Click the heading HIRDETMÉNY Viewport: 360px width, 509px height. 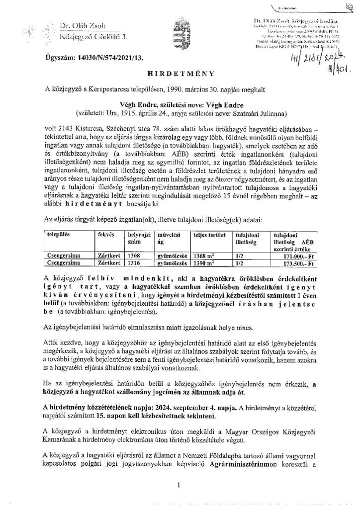click(180, 73)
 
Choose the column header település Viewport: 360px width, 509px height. click(57, 233)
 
